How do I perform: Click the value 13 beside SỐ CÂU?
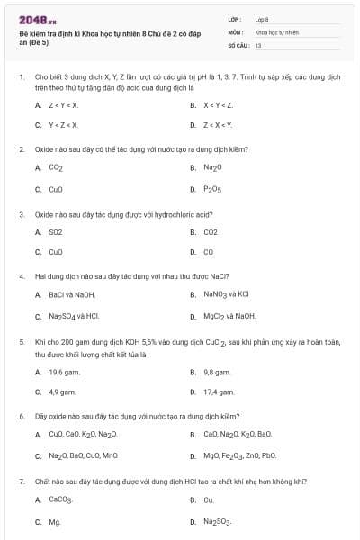point(258,44)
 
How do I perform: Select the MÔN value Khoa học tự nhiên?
point(276,31)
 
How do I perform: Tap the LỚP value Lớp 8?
point(262,19)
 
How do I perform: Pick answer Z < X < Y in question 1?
point(218,125)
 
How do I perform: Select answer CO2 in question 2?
point(56,168)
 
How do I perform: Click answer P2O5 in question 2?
point(212,190)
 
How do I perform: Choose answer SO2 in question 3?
point(56,232)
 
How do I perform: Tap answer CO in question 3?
point(209,252)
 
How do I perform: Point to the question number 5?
point(21,343)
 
